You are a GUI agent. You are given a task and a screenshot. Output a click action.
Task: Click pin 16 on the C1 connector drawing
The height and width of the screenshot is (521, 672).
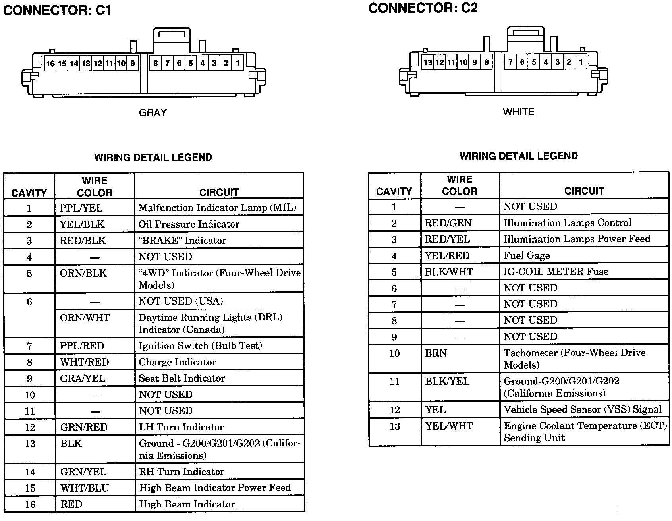pyautogui.click(x=50, y=64)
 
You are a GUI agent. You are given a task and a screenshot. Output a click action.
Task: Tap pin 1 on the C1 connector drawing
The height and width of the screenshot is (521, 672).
pyautogui.click(x=238, y=63)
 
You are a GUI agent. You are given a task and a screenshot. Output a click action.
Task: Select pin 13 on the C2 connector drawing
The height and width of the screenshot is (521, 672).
pyautogui.click(x=428, y=62)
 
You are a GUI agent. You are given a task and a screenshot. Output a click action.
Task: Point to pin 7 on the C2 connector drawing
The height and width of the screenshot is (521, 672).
pyautogui.click(x=510, y=62)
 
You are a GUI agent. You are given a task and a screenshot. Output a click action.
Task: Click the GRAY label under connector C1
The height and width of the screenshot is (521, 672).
pyautogui.click(x=153, y=113)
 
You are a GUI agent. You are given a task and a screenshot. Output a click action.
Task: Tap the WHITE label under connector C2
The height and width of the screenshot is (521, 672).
pyautogui.click(x=518, y=112)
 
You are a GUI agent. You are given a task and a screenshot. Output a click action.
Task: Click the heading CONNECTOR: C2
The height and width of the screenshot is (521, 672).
pyautogui.click(x=423, y=8)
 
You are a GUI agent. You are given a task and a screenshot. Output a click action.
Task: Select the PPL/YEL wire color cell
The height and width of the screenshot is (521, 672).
pyautogui.click(x=81, y=208)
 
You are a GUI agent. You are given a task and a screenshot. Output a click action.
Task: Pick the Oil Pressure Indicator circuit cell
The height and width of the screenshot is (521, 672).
pyautogui.click(x=189, y=224)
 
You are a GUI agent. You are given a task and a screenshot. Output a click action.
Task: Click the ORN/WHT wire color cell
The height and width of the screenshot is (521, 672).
pyautogui.click(x=84, y=318)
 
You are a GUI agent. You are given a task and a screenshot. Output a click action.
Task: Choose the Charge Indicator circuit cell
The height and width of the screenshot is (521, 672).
pyautogui.click(x=177, y=362)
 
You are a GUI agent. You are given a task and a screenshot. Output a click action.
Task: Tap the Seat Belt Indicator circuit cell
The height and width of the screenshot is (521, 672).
pyautogui.click(x=182, y=378)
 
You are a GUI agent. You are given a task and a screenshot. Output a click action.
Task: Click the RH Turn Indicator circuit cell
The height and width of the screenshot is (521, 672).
pyautogui.click(x=182, y=472)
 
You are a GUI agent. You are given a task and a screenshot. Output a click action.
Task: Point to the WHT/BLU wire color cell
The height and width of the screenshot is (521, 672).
pyautogui.click(x=85, y=488)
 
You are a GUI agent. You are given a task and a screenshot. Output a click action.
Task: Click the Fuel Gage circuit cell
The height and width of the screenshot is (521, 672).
pyautogui.click(x=527, y=256)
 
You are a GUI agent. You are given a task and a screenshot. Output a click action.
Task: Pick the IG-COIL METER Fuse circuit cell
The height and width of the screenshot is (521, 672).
pyautogui.click(x=556, y=272)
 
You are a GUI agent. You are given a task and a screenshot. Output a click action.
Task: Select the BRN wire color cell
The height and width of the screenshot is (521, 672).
pyautogui.click(x=436, y=353)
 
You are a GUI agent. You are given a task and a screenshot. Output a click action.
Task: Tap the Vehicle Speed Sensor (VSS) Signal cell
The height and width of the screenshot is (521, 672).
pyautogui.click(x=583, y=409)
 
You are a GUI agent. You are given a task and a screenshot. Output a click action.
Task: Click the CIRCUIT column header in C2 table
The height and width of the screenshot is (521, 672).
pyautogui.click(x=584, y=191)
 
